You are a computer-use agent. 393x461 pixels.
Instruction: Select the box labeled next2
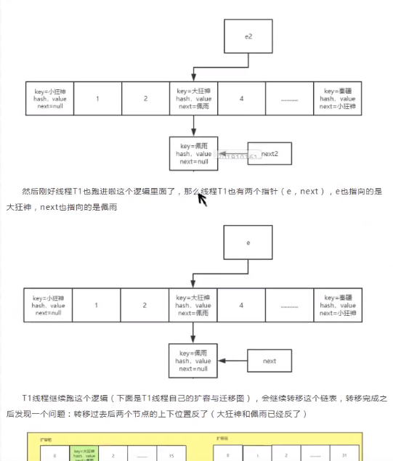pyautogui.click(x=270, y=153)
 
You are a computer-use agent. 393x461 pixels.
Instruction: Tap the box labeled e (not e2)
pyautogui.click(x=248, y=242)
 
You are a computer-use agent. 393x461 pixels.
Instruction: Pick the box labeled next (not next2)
pyautogui.click(x=270, y=361)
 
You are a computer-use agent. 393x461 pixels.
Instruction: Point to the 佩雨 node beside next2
pyautogui.click(x=193, y=153)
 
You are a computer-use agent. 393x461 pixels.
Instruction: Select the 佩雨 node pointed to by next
pyautogui.click(x=193, y=361)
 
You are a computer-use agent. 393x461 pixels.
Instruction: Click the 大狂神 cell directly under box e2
pyautogui.click(x=193, y=99)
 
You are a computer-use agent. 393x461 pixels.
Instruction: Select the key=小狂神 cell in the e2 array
pyautogui.click(x=49, y=99)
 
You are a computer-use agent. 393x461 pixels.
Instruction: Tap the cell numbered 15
pyautogui.click(x=171, y=456)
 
